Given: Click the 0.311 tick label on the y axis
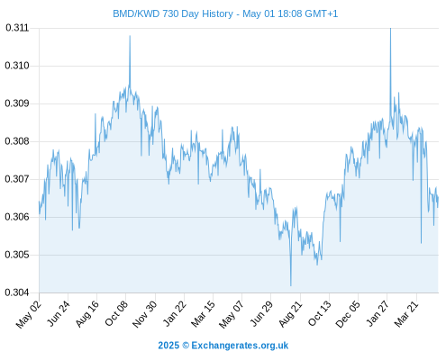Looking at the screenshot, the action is tap(17, 28).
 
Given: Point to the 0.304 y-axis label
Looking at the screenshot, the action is tap(17, 292).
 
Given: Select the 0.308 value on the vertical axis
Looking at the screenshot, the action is tap(17, 141).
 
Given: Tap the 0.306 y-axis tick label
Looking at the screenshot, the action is tap(17, 217).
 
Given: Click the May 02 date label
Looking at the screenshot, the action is tap(29, 314).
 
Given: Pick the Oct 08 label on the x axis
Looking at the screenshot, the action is tap(116, 313).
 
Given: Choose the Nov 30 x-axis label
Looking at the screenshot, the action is tap(144, 314).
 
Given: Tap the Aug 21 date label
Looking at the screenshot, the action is tap(290, 313).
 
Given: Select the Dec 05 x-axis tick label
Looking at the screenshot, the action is tap(348, 314).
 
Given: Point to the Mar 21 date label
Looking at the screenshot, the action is tap(406, 313).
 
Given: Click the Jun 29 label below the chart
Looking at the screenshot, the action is tap(261, 313).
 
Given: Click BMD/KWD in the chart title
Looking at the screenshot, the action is tap(136, 13).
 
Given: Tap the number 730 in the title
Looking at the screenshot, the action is tap(171, 13).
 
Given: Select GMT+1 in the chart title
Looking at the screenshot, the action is tap(322, 13).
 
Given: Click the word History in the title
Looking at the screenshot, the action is tap(217, 14).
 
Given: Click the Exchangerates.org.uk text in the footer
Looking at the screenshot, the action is tap(240, 346).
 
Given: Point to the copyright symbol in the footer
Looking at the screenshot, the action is tap(186, 346).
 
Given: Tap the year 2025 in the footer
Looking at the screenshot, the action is tap(168, 346).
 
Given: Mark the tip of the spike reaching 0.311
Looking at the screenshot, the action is tap(390, 28).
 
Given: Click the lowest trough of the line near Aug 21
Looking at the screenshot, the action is tap(291, 285).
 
